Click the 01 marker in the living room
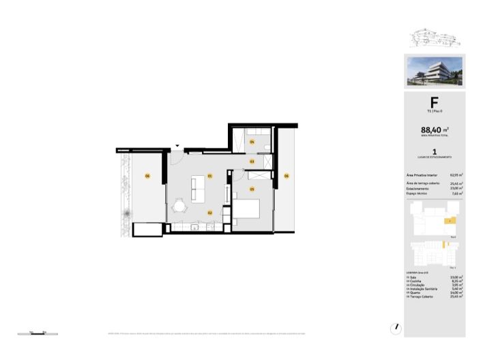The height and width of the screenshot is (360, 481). tap(210, 177)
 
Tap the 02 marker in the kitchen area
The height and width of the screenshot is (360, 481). tap(210, 213)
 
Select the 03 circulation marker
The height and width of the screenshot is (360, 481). tap(252, 162)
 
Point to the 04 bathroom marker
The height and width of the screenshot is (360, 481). tap(252, 142)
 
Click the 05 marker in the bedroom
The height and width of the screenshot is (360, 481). tap(252, 189)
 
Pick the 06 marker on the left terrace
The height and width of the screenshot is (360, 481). tap(147, 177)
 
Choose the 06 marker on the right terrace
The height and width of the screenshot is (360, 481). tap(287, 176)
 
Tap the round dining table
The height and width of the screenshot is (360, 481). tap(180, 206)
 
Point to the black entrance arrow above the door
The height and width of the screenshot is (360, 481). tap(177, 145)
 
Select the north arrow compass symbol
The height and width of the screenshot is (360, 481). tap(395, 327)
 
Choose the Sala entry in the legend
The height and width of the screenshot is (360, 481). tap(413, 277)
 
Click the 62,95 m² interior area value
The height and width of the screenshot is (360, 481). tap(456, 175)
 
